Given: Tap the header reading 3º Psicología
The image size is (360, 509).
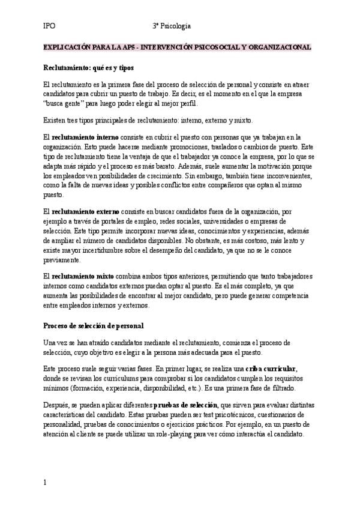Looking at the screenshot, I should pyautogui.click(x=172, y=26).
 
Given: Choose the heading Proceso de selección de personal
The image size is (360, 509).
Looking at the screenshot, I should pyautogui.click(x=94, y=325).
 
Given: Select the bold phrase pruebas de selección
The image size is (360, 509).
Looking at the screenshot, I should pyautogui.click(x=186, y=405).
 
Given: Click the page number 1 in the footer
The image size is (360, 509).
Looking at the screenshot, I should pyautogui.click(x=45, y=481).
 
